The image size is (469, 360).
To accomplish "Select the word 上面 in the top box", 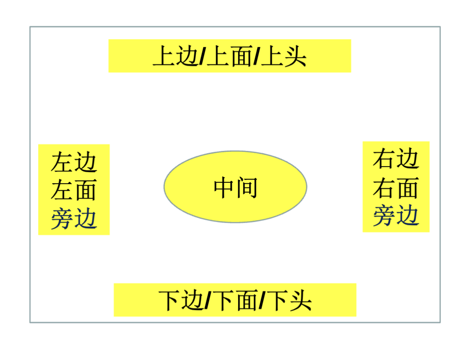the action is coord(229,57).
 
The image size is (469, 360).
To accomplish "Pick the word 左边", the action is coord(74,162).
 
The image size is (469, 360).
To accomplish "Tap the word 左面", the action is coord(74,190).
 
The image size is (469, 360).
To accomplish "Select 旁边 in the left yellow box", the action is coord(74,218).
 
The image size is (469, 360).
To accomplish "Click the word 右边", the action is coord(396,159).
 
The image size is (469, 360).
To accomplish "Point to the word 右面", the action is coord(396,187).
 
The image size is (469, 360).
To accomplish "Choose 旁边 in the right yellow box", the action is coord(396,215).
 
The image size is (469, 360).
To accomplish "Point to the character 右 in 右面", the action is coord(384,187).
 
